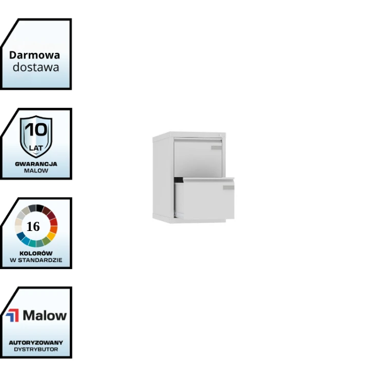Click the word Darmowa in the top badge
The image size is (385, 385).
coord(34,55)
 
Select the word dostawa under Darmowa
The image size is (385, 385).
coord(36,67)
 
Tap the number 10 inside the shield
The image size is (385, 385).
coord(36,129)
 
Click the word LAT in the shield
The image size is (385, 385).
coord(36,148)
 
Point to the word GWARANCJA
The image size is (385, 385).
coord(36,164)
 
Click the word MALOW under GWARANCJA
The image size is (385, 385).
coord(36,170)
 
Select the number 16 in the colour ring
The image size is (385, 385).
coord(33,226)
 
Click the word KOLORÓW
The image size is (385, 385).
coord(36,253)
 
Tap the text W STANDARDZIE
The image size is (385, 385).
coord(36,260)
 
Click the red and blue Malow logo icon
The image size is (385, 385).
coord(12,315)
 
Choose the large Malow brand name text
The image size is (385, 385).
coord(45,315)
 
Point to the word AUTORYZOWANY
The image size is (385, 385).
coord(36,342)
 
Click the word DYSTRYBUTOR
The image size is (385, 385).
coord(36,349)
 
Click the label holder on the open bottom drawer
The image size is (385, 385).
coord(228,188)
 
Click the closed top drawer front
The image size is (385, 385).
coord(195,157)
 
